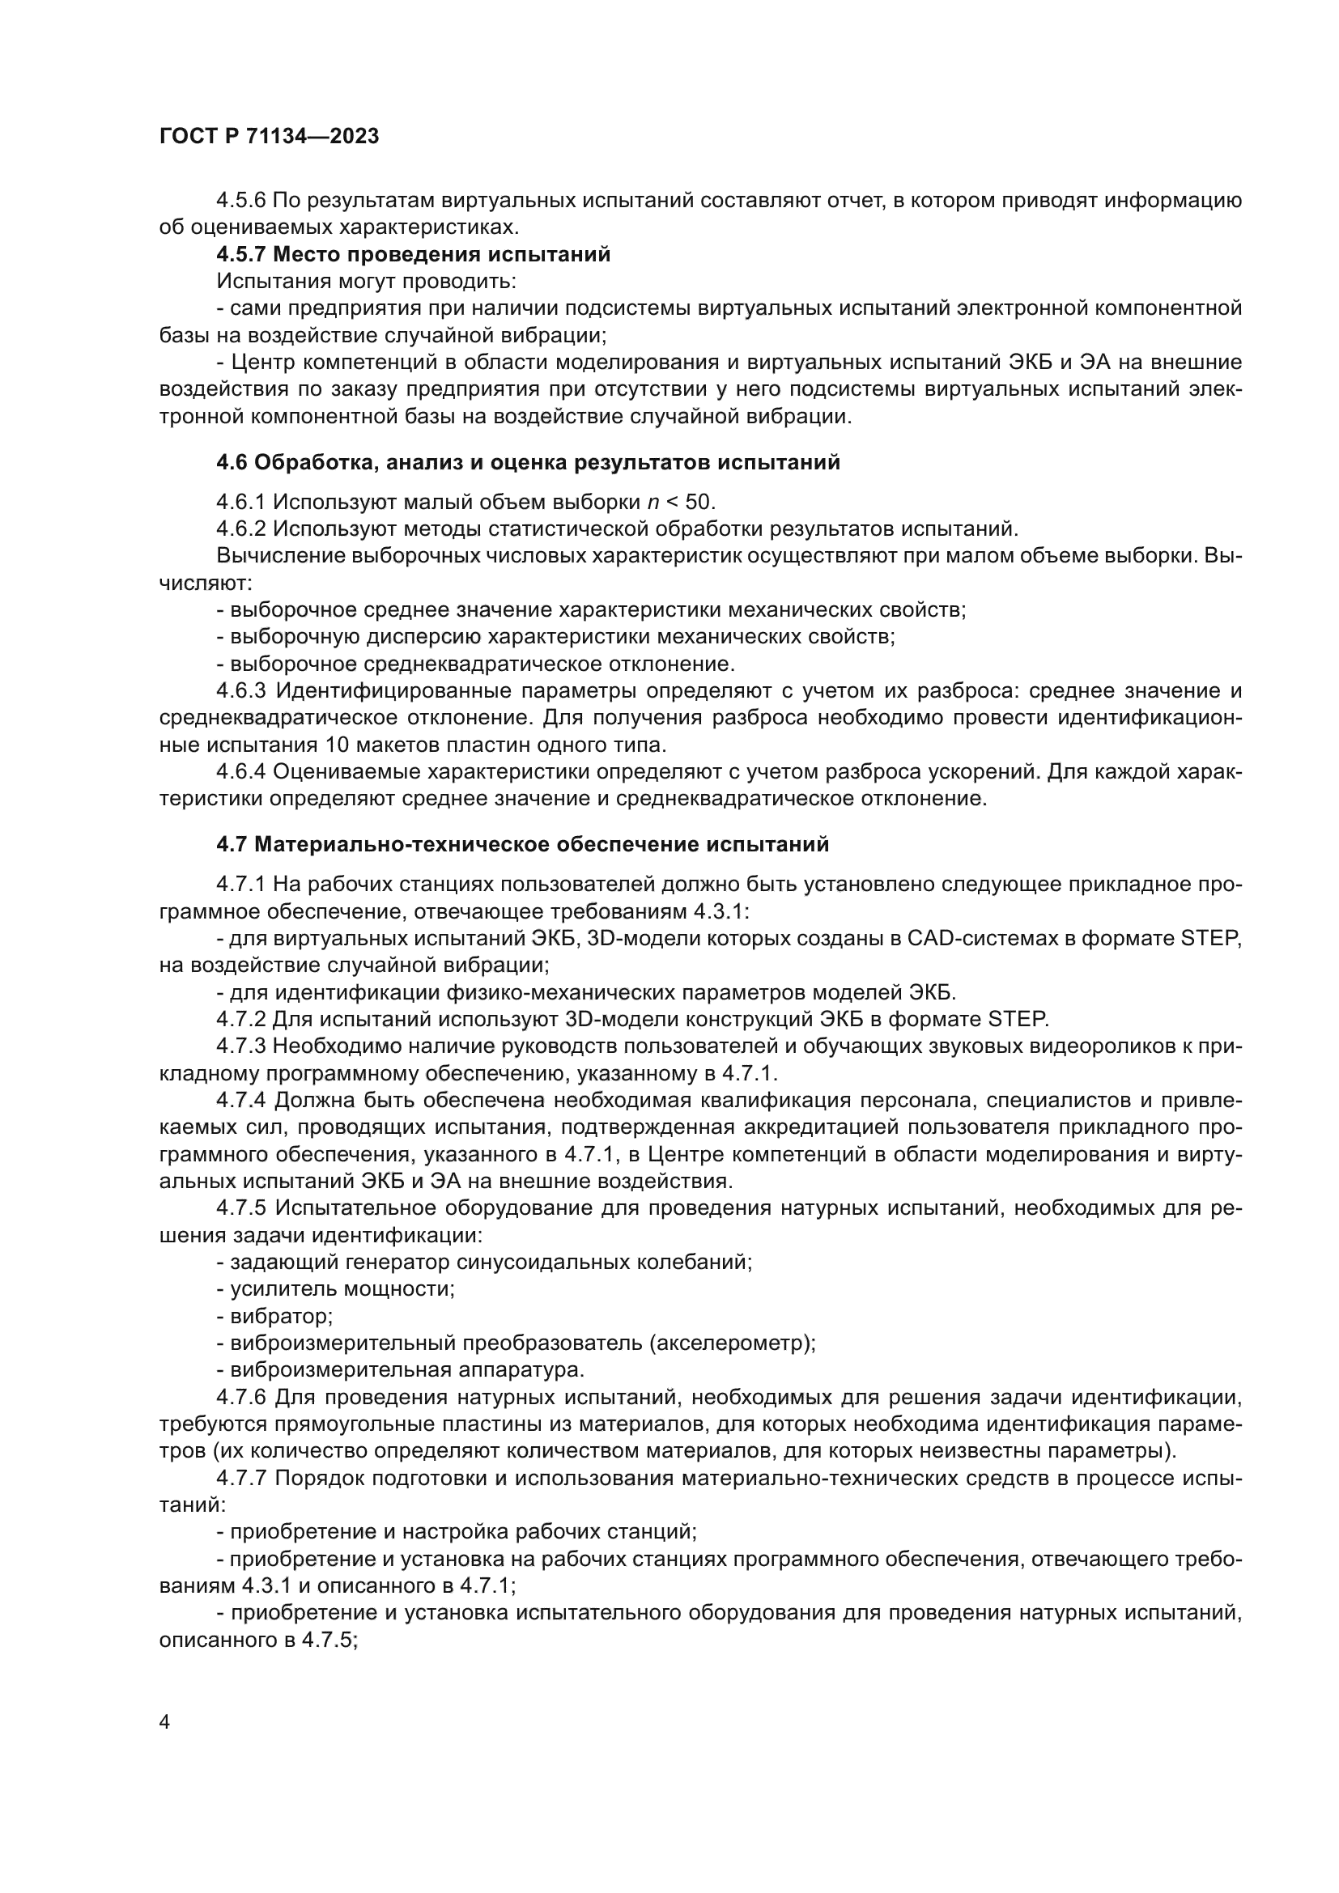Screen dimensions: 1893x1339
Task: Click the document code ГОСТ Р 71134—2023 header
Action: click(x=269, y=137)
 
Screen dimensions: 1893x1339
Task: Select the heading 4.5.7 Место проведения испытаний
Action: click(x=413, y=255)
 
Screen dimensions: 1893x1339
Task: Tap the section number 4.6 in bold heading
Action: click(x=232, y=463)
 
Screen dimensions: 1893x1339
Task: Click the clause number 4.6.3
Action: click(x=241, y=691)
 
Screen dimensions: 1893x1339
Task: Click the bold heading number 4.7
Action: click(x=232, y=845)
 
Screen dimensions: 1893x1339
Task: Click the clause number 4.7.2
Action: click(x=241, y=1020)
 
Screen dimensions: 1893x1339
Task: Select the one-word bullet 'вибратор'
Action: click(x=281, y=1316)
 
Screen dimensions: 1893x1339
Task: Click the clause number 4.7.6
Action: click(x=241, y=1398)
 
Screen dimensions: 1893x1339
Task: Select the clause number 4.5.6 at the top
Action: click(x=241, y=201)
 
